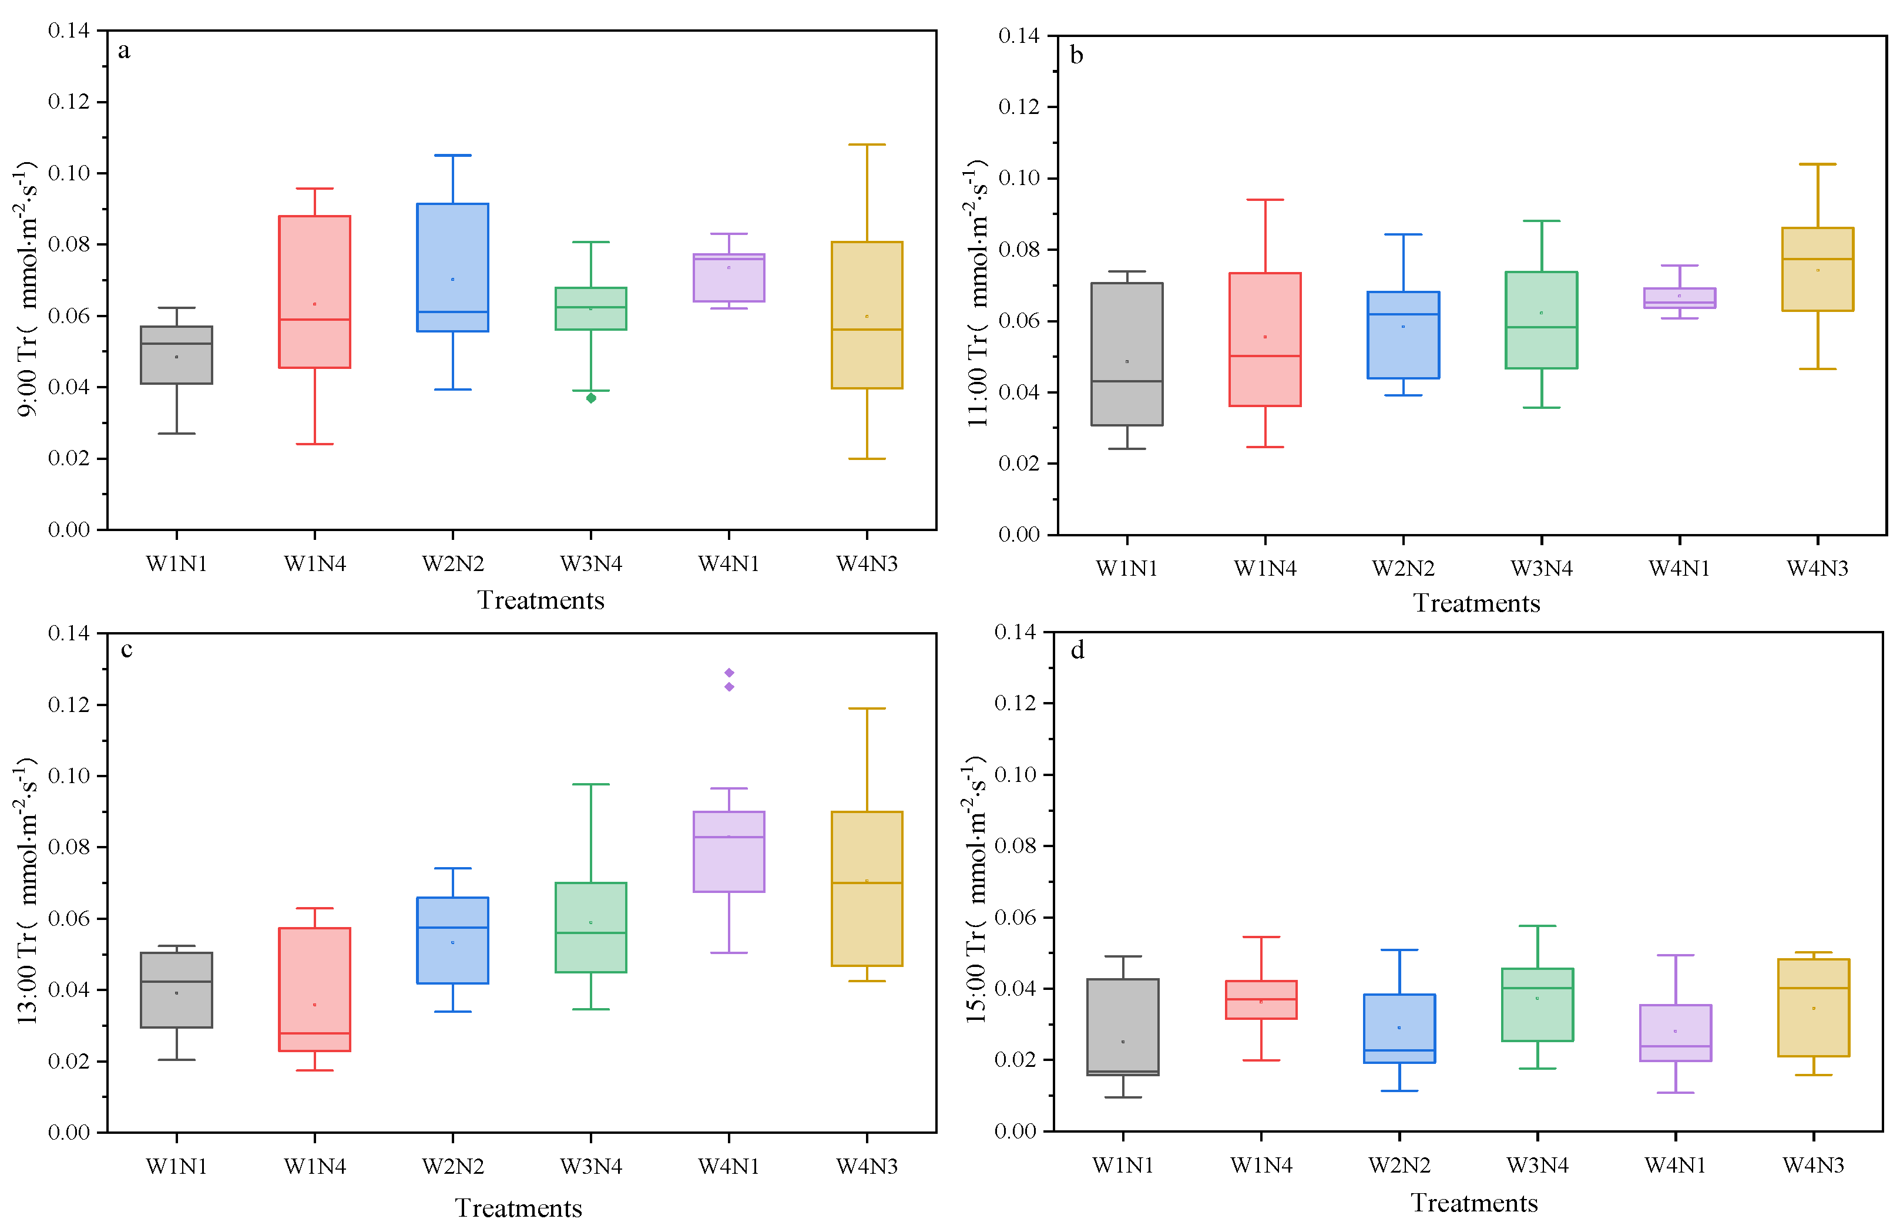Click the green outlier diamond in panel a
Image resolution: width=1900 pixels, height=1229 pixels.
[590, 398]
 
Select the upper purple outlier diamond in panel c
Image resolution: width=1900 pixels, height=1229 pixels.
[729, 673]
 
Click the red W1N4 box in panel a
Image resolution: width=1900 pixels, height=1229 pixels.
[314, 291]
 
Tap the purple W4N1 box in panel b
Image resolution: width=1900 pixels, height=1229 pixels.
[1679, 298]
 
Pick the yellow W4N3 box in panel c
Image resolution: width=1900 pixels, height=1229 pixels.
[867, 888]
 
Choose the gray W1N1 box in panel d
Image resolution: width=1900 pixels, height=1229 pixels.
[1122, 1027]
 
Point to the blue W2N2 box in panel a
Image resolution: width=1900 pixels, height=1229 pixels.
[452, 267]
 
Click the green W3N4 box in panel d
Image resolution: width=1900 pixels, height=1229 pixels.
[1537, 1005]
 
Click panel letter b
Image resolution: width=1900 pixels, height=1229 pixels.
[1076, 56]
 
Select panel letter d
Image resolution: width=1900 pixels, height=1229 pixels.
[1077, 651]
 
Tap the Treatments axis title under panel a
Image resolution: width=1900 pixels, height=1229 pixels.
[541, 600]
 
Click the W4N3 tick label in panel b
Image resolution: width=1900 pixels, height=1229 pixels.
[1817, 568]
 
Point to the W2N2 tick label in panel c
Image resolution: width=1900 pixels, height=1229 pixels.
[452, 1167]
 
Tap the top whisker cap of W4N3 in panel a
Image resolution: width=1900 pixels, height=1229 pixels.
[867, 145]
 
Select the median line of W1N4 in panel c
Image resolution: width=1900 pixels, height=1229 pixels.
[314, 1033]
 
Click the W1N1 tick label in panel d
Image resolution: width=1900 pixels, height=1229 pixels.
[1122, 1165]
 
